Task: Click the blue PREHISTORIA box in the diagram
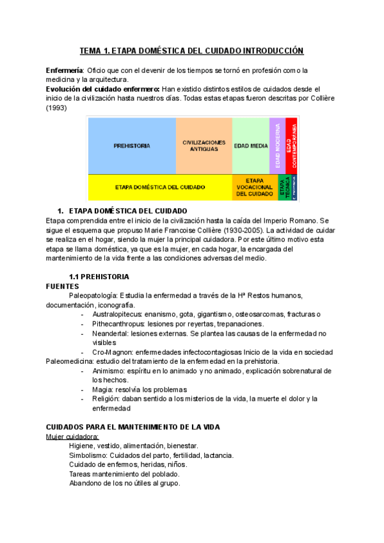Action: (x=132, y=146)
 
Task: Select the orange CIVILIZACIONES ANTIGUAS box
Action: (x=204, y=146)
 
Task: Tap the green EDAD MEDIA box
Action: (x=250, y=146)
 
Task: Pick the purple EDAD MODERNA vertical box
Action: (x=277, y=146)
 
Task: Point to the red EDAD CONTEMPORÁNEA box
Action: (x=291, y=146)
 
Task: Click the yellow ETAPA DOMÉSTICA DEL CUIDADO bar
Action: (x=159, y=188)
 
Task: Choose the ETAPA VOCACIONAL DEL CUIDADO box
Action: (x=255, y=188)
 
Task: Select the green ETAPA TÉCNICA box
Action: (x=284, y=188)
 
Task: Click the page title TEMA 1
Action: (x=191, y=51)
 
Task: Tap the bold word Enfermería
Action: (x=64, y=70)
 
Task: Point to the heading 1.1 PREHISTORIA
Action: (x=99, y=277)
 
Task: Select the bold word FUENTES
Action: (x=63, y=286)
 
